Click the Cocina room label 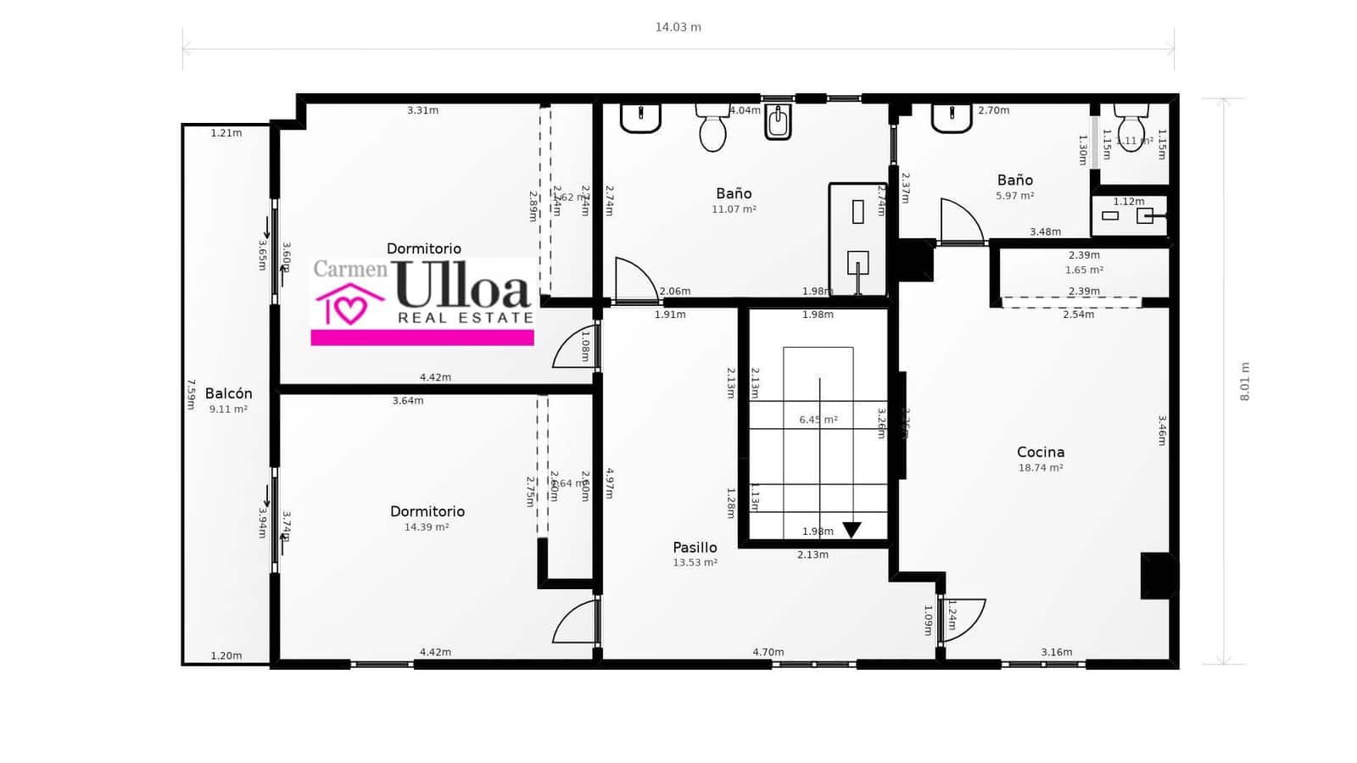1041,452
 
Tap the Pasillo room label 695,548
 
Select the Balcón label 228,393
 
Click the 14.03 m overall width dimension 678,27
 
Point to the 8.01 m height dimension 1244,381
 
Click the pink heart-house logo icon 349,304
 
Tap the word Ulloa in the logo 463,285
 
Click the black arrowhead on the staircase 852,530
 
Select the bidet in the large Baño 778,124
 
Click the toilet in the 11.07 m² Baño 712,130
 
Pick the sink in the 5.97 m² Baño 952,118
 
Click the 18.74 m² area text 1041,468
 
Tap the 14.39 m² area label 427,527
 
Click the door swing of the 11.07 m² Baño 633,280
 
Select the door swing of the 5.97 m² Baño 959,222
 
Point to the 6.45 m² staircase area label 818,420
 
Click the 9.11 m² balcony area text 228,409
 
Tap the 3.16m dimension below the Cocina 1057,652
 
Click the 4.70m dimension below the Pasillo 768,652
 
